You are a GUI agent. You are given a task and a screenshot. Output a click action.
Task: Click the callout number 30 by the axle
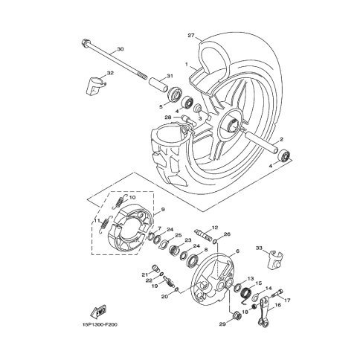point(120,49)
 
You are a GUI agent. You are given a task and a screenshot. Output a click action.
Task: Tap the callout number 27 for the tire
point(191,36)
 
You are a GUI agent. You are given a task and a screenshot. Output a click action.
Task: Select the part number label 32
point(110,73)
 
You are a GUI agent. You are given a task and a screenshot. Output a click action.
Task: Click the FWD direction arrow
point(98,311)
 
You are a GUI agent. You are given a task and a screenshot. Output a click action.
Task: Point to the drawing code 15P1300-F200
point(99,324)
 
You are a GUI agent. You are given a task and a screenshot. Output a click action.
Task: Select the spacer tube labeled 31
point(158,86)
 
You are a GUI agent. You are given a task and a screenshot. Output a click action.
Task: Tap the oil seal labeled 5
point(176,94)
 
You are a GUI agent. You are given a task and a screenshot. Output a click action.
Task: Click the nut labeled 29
point(236,315)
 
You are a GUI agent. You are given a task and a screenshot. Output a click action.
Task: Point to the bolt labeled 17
point(278,293)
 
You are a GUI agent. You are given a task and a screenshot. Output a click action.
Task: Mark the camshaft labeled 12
point(203,235)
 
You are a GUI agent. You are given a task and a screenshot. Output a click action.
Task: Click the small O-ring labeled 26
point(215,241)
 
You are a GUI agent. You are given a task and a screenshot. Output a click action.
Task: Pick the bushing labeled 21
point(155,268)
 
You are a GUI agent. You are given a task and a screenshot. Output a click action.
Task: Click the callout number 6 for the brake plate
point(237,251)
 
